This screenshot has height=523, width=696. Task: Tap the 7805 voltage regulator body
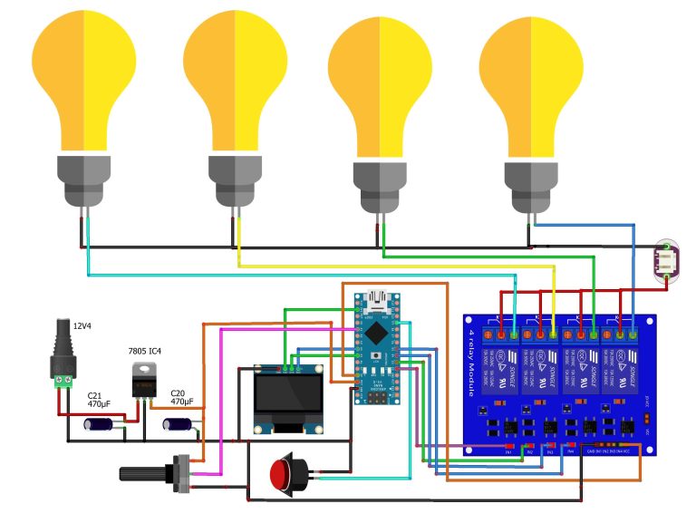[x=143, y=381]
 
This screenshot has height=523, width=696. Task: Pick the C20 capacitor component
[x=177, y=423]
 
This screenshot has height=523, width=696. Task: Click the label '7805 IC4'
[x=146, y=349]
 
